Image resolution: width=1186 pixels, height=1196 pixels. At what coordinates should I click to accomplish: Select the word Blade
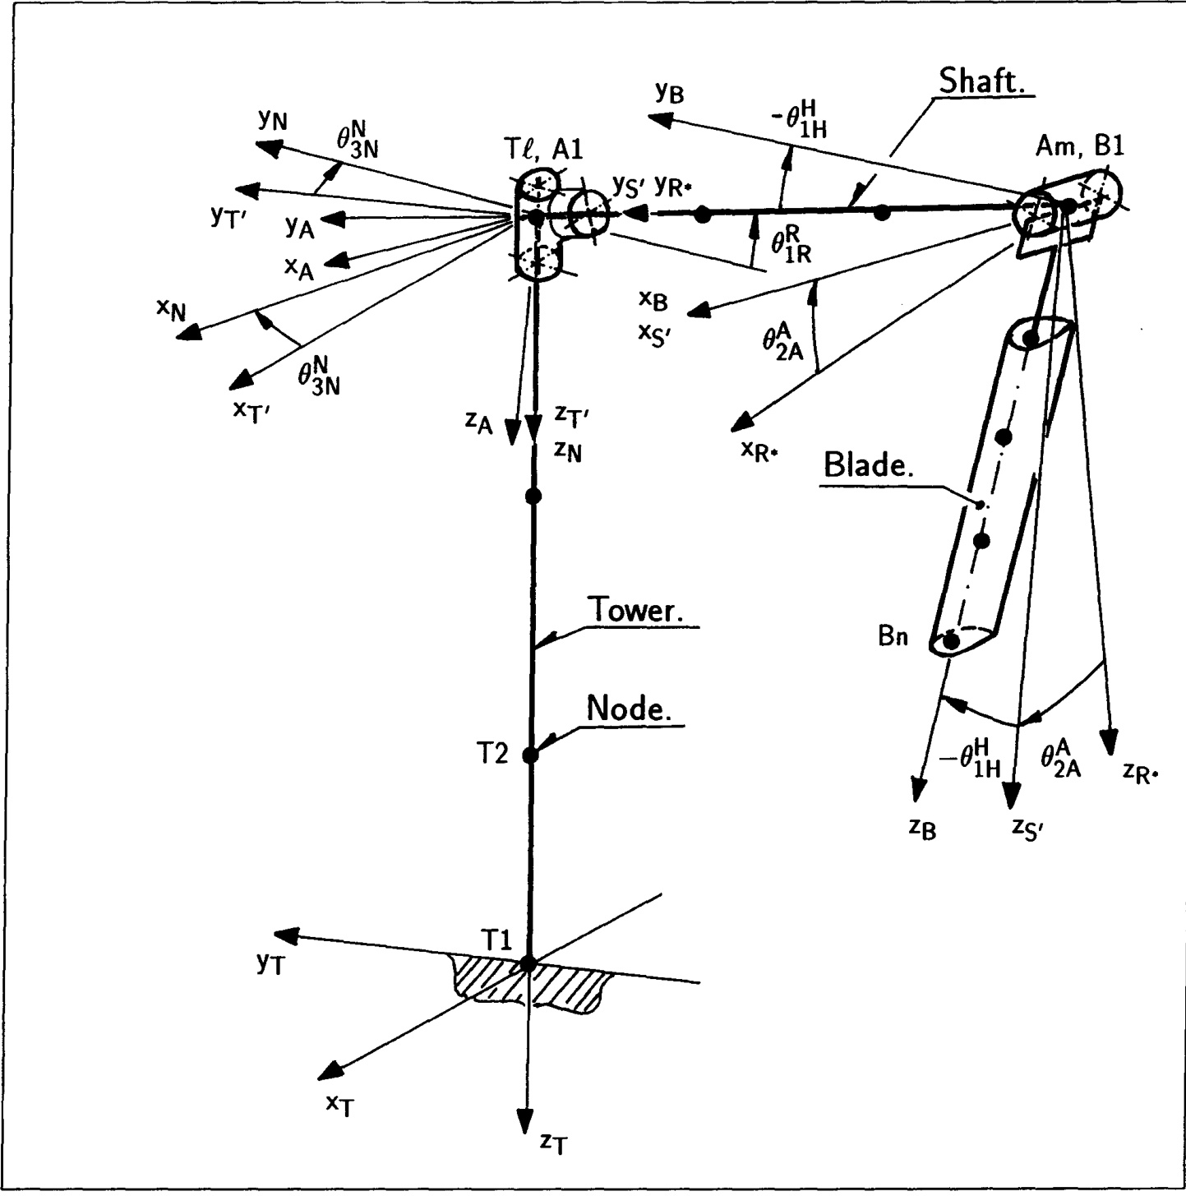pyautogui.click(x=868, y=466)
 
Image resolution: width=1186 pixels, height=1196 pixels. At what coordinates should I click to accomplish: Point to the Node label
pyautogui.click(x=628, y=709)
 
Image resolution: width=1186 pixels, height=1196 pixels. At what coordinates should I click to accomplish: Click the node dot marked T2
pyautogui.click(x=530, y=754)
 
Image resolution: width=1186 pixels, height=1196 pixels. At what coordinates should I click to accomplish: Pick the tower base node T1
pyautogui.click(x=528, y=963)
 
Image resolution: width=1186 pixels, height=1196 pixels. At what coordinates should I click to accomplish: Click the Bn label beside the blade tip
pyautogui.click(x=893, y=636)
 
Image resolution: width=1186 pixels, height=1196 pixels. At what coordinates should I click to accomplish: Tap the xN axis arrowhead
pyautogui.click(x=191, y=332)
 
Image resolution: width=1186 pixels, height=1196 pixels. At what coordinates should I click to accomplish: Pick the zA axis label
pyautogui.click(x=480, y=422)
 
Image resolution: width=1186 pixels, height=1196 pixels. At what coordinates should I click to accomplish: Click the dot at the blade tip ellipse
pyautogui.click(x=952, y=641)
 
